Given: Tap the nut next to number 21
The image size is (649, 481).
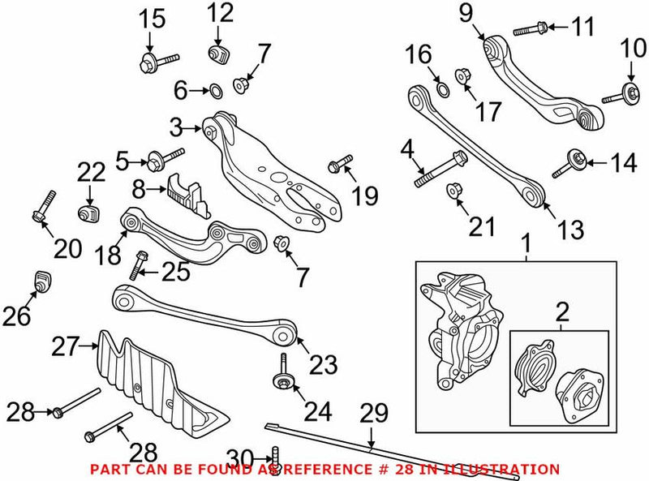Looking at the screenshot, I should point(455,191).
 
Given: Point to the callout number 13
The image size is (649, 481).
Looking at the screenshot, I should point(570,229).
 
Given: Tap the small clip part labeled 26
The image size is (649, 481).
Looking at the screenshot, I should point(41,281).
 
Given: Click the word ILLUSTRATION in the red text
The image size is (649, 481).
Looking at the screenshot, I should point(510,469).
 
